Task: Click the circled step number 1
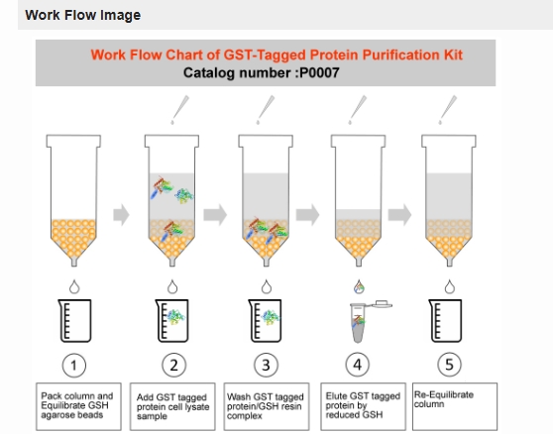pyautogui.click(x=73, y=366)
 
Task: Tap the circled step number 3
pyautogui.click(x=266, y=365)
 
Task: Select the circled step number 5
pyautogui.click(x=449, y=365)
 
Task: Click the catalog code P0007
pyautogui.click(x=319, y=73)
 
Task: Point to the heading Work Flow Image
pyautogui.click(x=83, y=15)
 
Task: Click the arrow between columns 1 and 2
pyautogui.click(x=121, y=214)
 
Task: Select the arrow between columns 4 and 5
pyautogui.click(x=399, y=214)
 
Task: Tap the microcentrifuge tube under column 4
pyautogui.click(x=367, y=321)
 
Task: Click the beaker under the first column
pyautogui.click(x=74, y=320)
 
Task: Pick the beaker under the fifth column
pyautogui.click(x=445, y=320)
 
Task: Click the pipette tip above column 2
pyautogui.click(x=179, y=110)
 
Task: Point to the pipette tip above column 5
pyautogui.click(x=448, y=110)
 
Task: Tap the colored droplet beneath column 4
pyautogui.click(x=359, y=287)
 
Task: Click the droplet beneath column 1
pyautogui.click(x=74, y=287)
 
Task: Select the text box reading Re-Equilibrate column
pyautogui.click(x=455, y=406)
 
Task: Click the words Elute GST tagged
pyautogui.click(x=363, y=396)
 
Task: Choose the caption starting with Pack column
pyautogui.click(x=78, y=406)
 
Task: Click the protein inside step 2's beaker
pyautogui.click(x=175, y=317)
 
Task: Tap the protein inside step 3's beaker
pyautogui.click(x=271, y=317)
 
